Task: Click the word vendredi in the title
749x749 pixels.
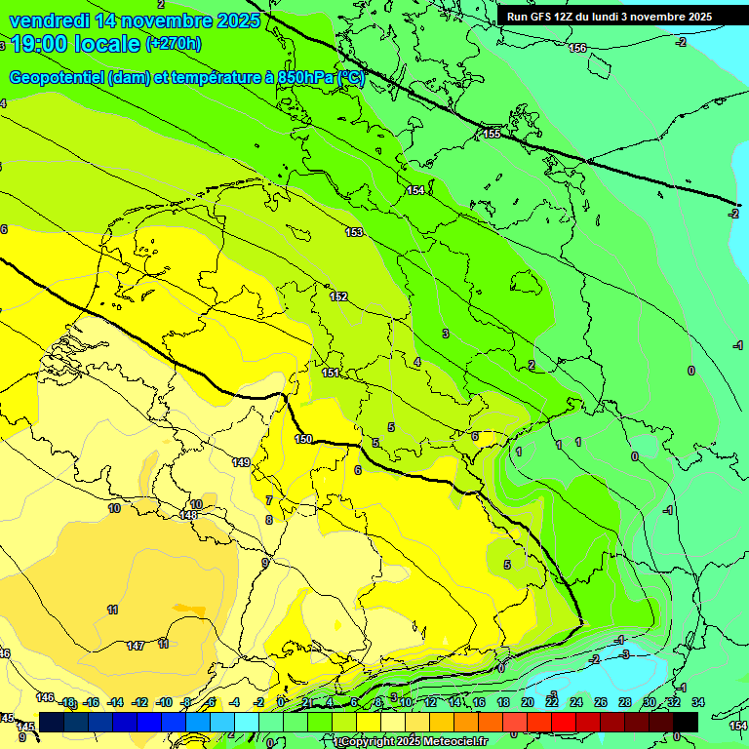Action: pyautogui.click(x=50, y=20)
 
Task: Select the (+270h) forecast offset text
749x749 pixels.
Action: pyautogui.click(x=174, y=44)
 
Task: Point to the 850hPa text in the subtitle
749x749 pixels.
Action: pyautogui.click(x=303, y=78)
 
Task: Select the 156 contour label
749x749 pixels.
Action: pyautogui.click(x=577, y=48)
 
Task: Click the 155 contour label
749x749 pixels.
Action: pyautogui.click(x=492, y=133)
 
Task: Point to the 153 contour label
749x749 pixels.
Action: pyautogui.click(x=354, y=232)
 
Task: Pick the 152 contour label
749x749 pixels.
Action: pyautogui.click(x=338, y=296)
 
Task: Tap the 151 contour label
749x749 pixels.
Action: pyautogui.click(x=331, y=373)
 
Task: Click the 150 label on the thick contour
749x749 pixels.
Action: pyautogui.click(x=303, y=440)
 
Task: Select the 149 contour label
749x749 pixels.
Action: pyautogui.click(x=242, y=461)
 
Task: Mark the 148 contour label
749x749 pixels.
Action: pyautogui.click(x=189, y=515)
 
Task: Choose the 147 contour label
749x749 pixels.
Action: pyautogui.click(x=136, y=646)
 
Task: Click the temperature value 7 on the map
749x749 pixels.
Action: pyautogui.click(x=269, y=500)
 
